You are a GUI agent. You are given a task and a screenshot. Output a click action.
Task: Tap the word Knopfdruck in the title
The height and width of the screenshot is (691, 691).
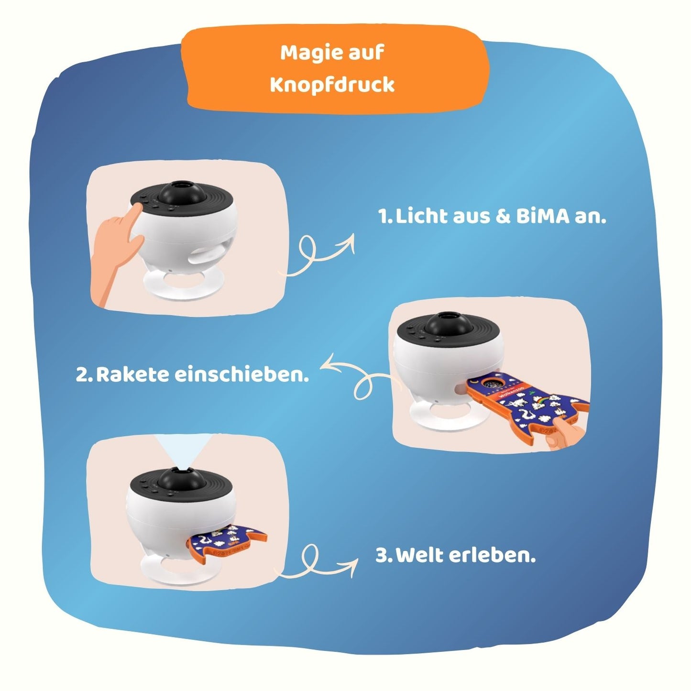[x=332, y=85]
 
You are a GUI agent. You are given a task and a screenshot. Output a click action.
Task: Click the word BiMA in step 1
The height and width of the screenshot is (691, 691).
[x=543, y=217]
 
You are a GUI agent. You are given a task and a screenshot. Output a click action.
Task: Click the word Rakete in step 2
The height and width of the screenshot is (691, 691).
[x=132, y=374]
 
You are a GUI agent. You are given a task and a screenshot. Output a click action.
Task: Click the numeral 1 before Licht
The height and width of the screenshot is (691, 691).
[x=383, y=217]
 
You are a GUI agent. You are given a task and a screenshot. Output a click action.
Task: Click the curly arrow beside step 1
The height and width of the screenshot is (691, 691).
[x=320, y=253]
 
